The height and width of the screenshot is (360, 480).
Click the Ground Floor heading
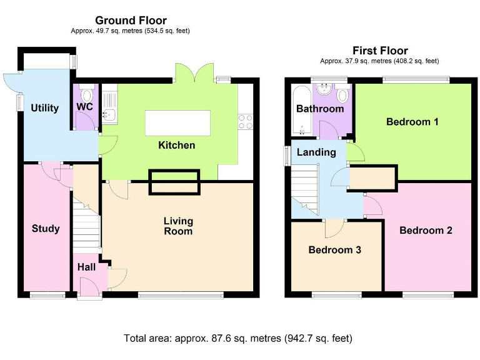[131, 21]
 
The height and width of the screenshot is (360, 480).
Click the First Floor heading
[379, 51]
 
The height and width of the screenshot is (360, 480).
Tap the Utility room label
[45, 108]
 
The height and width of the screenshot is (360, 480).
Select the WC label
[84, 107]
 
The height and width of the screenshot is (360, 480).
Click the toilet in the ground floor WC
[87, 95]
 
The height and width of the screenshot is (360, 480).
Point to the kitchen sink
[109, 114]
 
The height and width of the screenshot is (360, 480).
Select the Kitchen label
[176, 146]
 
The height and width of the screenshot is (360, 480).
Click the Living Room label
[178, 226]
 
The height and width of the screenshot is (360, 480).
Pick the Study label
[46, 229]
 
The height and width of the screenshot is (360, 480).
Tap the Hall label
[86, 267]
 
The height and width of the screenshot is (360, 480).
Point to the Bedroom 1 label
[412, 122]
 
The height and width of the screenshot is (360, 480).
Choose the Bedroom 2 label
[426, 231]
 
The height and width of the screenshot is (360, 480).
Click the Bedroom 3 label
[335, 250]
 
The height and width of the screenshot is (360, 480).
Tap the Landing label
[316, 152]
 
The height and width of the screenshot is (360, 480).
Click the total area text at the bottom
[238, 338]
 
